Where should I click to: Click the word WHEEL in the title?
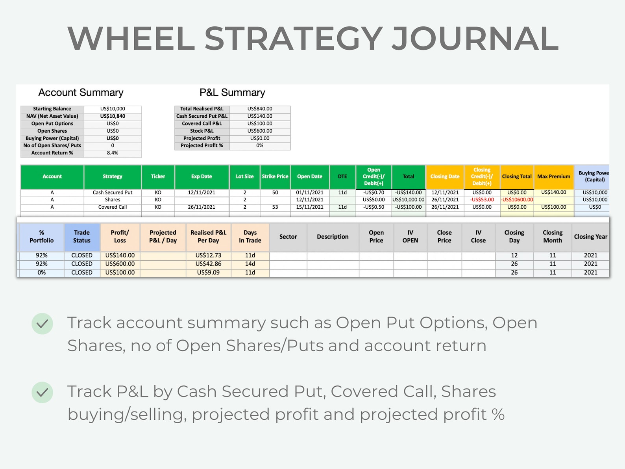[131, 39]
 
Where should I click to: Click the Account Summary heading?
[81, 93]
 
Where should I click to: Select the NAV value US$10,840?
[113, 116]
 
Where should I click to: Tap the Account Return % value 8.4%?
[113, 153]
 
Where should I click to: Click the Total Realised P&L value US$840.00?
[260, 109]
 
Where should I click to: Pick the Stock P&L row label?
[202, 131]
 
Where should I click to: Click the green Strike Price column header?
[275, 176]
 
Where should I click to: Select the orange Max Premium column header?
[553, 176]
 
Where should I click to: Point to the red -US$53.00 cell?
[482, 200]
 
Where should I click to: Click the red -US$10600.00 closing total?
[517, 200]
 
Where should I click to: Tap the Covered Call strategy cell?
[113, 207]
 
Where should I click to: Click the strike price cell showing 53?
[275, 207]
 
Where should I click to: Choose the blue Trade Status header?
[82, 237]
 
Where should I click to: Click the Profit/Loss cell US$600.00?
[120, 264]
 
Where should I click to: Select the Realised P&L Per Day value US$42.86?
[208, 264]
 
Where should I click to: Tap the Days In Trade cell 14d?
[250, 264]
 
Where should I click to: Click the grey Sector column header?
[288, 237]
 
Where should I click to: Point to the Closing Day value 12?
[514, 255]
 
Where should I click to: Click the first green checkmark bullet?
[42, 324]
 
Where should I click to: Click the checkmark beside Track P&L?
[42, 392]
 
